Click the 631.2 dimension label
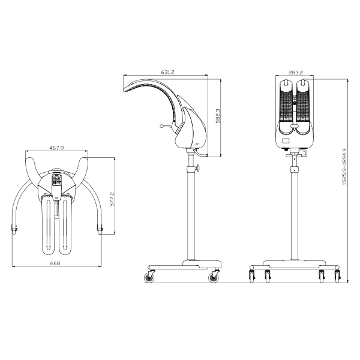[167, 72]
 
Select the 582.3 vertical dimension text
[218, 116]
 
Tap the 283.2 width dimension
[296, 73]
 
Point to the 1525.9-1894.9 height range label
[344, 167]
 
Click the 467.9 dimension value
[56, 148]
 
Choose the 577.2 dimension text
[112, 199]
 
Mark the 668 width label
[55, 263]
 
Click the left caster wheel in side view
[149, 277]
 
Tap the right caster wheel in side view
[214, 277]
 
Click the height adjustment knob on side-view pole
[197, 168]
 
